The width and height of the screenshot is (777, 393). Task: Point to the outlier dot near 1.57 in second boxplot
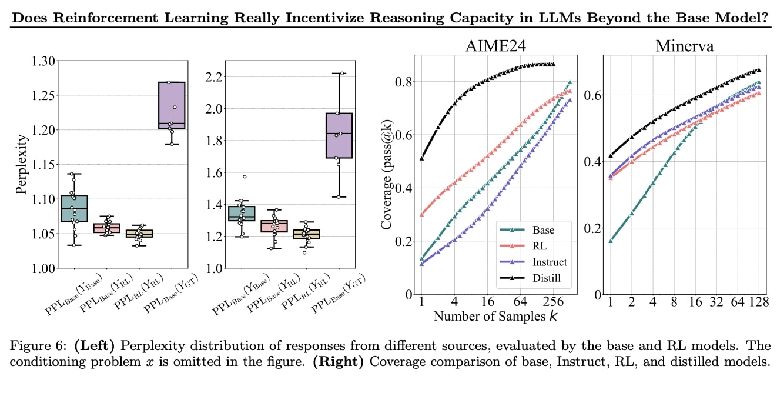click(x=245, y=176)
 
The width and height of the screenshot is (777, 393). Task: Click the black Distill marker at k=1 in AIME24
click(x=421, y=158)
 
